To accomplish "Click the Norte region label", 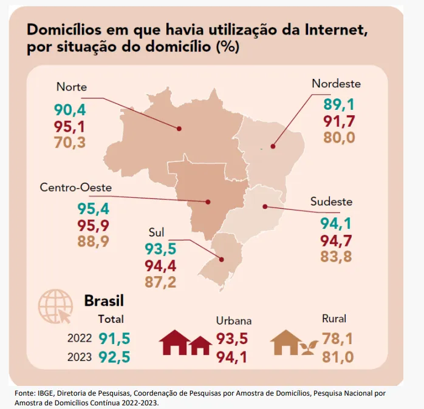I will coord(71,87).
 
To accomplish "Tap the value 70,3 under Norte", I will coord(70,143).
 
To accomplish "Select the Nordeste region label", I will coord(336,84).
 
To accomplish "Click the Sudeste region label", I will coord(331,201).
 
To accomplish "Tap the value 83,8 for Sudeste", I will coord(336,257).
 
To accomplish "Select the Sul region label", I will coord(157,232).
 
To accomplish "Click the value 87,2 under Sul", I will coord(160,282).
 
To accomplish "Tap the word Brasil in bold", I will coord(103,300).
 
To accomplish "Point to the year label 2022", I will coord(80,339).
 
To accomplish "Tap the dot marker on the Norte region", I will coord(180,129).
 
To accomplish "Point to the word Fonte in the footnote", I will coord(26,393).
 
